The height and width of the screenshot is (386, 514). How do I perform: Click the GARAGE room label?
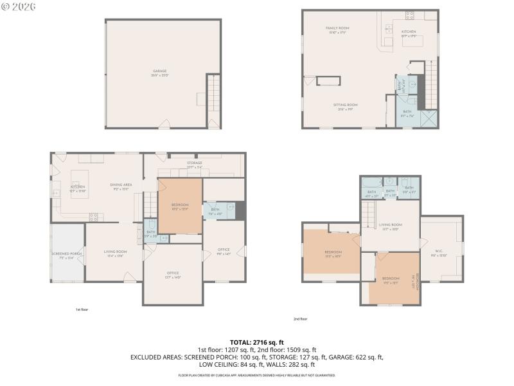tap(160, 71)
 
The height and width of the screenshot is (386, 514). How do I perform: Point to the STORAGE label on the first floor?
tap(195, 163)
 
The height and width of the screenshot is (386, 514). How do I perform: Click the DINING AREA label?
tap(121, 185)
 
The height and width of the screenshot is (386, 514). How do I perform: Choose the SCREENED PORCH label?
tap(67, 253)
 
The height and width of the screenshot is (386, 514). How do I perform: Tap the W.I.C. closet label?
tap(438, 252)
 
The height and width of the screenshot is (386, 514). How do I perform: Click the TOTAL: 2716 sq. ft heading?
tap(257, 342)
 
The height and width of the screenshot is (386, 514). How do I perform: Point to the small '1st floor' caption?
tap(82, 309)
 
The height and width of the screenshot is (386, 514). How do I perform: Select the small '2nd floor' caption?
tap(301, 318)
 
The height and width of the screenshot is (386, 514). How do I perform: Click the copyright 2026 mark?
tap(19, 6)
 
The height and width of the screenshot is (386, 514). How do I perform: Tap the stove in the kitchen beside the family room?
tap(410, 17)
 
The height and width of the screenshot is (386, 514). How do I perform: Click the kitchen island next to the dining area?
tap(80, 186)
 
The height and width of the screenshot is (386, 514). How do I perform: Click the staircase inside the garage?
tap(213, 96)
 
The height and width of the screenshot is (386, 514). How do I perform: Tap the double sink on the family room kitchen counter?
tap(388, 28)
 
